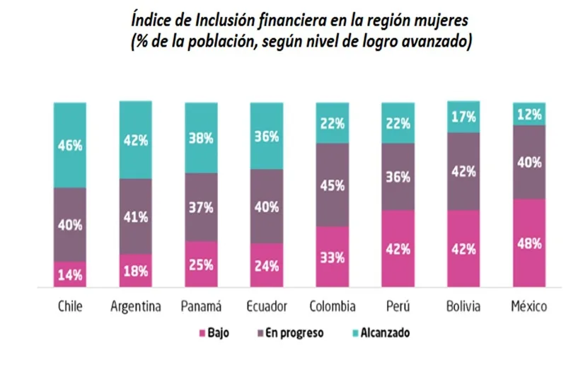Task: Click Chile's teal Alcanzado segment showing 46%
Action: (69, 145)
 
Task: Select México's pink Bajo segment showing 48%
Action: (529, 243)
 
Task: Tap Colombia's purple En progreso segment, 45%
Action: (333, 185)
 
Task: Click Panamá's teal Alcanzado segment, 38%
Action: (201, 139)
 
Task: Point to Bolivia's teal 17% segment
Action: (464, 117)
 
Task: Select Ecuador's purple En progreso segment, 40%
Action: (267, 207)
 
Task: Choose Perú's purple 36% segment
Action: (398, 177)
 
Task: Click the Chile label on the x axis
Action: (69, 307)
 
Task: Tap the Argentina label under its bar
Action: (136, 307)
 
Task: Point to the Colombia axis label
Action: (333, 307)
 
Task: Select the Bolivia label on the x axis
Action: (464, 307)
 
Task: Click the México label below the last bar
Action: (530, 307)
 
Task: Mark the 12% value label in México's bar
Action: (529, 114)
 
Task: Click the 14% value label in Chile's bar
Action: (69, 275)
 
